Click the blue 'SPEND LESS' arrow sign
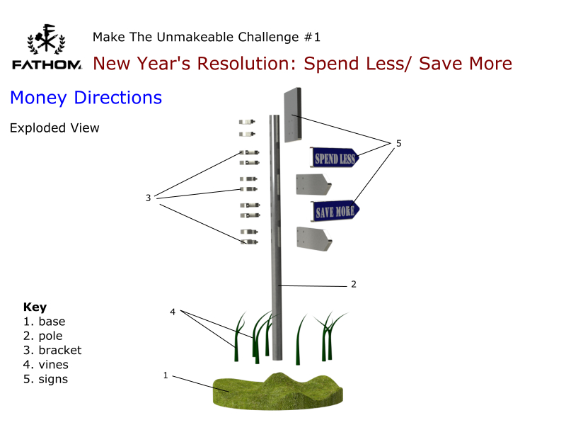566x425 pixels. [335, 157]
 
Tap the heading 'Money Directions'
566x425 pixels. [86, 98]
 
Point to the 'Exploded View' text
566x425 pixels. [54, 128]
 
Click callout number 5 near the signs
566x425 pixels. [398, 143]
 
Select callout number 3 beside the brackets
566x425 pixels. [149, 198]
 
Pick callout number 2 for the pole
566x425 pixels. [353, 284]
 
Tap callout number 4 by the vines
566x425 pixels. [173, 312]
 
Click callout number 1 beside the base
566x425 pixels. [166, 375]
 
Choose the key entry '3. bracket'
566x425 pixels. [52, 350]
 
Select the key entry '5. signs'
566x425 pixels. [46, 378]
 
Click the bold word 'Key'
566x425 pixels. [35, 307]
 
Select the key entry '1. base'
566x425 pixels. [44, 322]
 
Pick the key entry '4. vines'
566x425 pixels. [46, 364]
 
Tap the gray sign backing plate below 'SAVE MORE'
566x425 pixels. [313, 239]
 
